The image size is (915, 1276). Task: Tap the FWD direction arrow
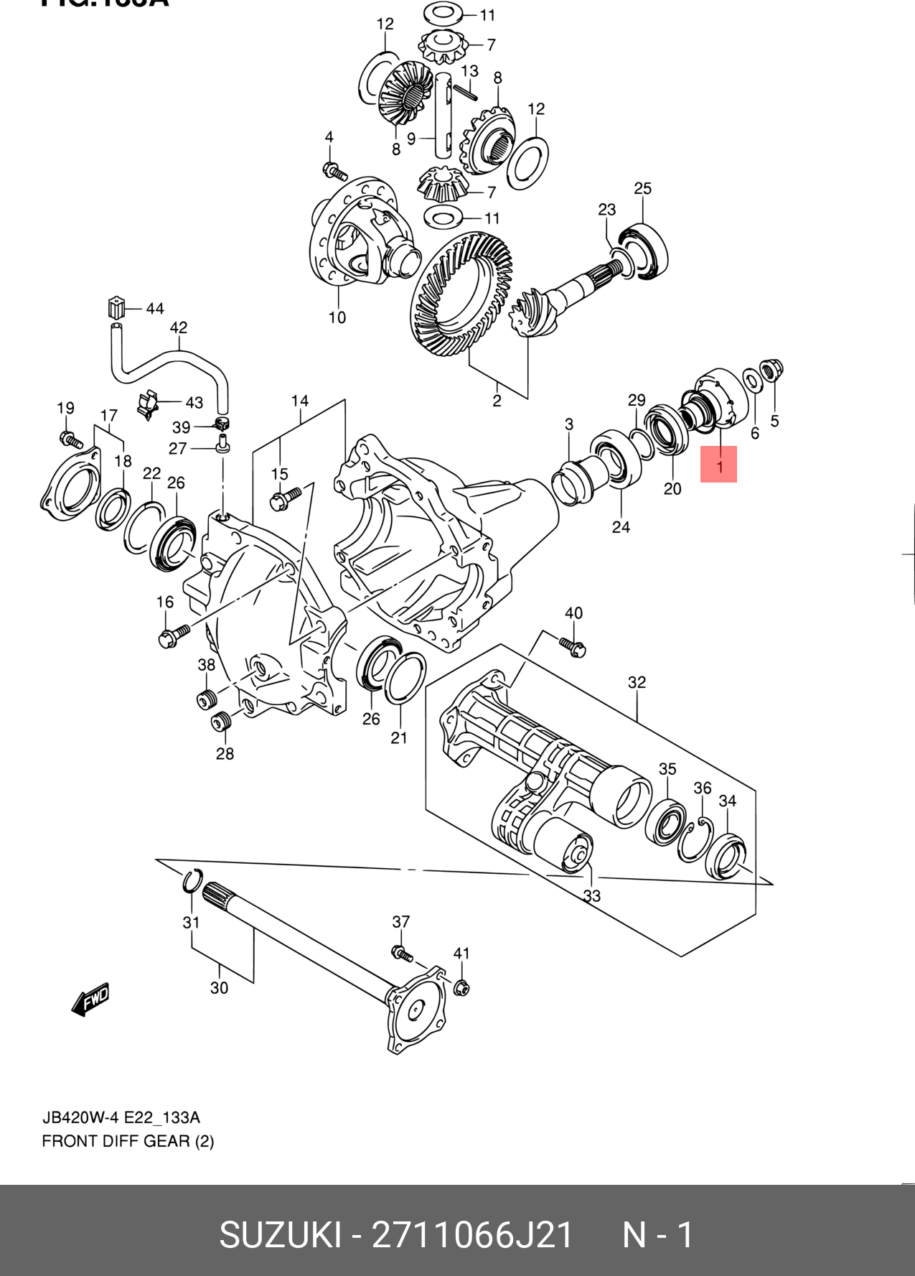(90, 998)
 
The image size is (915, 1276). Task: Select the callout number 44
(155, 309)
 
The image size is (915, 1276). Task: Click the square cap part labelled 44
(116, 307)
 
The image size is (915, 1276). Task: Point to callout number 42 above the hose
(179, 328)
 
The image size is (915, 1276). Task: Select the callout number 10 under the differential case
(337, 317)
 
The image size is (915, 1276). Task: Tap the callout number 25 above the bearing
(642, 189)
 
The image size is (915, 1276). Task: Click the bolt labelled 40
(573, 646)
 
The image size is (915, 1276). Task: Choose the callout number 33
(592, 895)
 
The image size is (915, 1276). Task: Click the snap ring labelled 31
(192, 881)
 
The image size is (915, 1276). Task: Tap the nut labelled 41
(461, 987)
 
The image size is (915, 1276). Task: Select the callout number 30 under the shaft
(220, 988)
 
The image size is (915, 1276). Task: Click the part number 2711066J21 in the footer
(472, 1236)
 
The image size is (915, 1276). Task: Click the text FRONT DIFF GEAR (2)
(128, 1141)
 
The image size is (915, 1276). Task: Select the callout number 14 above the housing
(300, 401)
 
